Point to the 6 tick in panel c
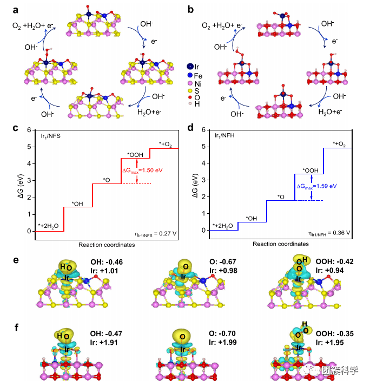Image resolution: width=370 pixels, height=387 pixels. pos(29,130)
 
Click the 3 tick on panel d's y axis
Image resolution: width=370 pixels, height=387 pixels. pos(203,180)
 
